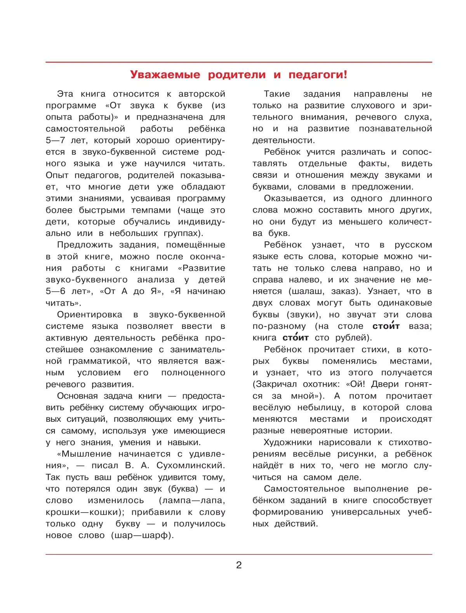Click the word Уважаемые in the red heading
click(x=165, y=74)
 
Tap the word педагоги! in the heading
click(x=318, y=74)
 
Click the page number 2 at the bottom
click(x=239, y=565)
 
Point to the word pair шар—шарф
click(x=142, y=535)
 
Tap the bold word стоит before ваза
click(x=386, y=326)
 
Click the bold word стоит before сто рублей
click(x=296, y=338)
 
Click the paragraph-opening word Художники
click(x=288, y=442)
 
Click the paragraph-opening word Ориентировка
click(x=89, y=315)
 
